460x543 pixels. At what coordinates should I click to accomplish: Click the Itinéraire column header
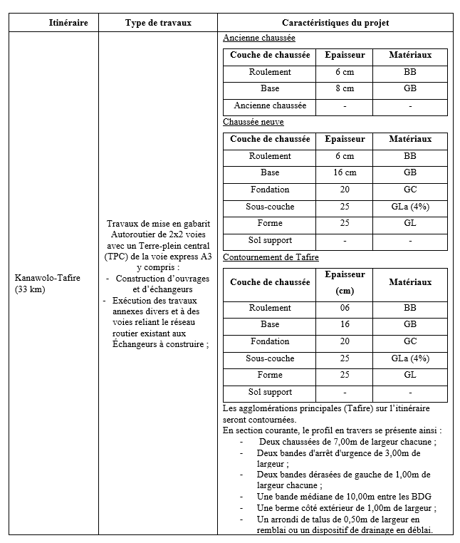tap(68, 23)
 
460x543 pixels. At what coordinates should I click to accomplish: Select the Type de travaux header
tap(158, 23)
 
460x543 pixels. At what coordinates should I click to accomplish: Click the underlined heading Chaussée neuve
tap(244, 122)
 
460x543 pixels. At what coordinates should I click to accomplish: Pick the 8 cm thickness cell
tap(344, 88)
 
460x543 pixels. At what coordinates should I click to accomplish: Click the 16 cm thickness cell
tap(344, 172)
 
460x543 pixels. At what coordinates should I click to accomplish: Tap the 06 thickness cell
tap(344, 308)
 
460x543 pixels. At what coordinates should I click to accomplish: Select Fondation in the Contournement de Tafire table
tap(270, 341)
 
